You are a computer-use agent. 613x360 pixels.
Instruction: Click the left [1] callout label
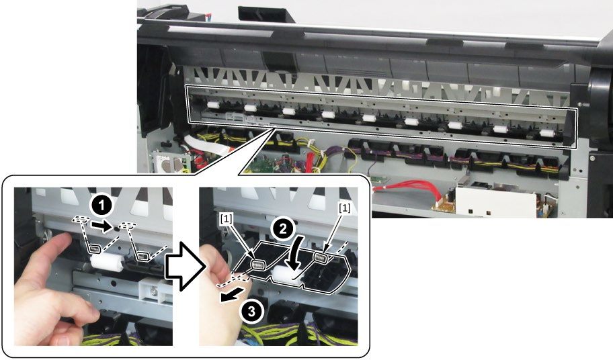227,219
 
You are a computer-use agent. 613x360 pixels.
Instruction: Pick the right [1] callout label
344,208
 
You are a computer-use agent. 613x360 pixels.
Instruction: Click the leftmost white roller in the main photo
213,105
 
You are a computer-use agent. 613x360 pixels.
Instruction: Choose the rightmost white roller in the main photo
547,133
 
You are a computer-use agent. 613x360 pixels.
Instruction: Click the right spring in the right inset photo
321,257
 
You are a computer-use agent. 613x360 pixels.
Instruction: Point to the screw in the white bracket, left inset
154,291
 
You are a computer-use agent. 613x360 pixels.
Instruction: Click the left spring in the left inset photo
95,249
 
